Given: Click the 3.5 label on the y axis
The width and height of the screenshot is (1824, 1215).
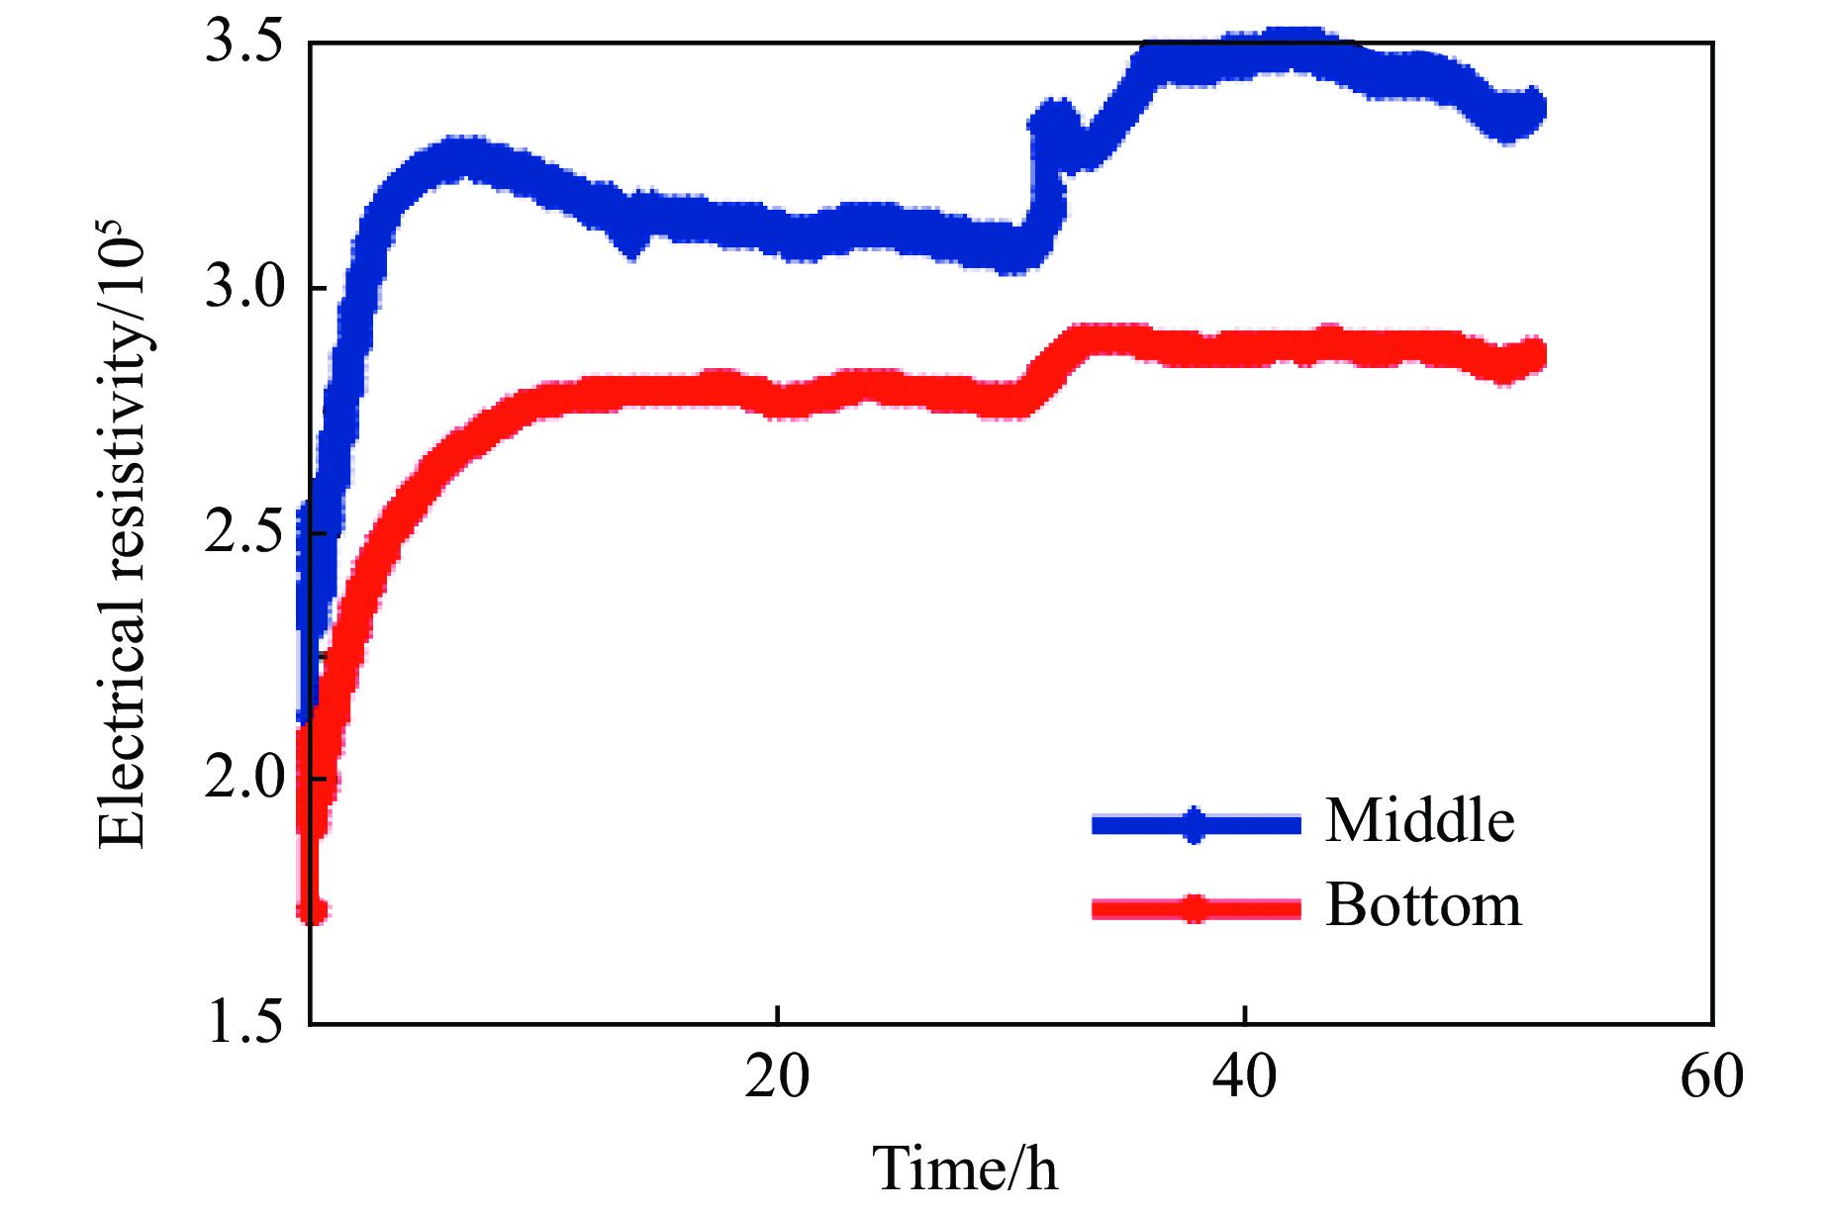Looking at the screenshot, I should click(243, 45).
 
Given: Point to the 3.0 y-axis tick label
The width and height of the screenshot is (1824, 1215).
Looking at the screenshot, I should click(243, 289).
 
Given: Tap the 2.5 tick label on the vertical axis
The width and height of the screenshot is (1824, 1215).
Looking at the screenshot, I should click(243, 534).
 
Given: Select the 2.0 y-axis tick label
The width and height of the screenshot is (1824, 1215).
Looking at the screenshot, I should click(243, 779).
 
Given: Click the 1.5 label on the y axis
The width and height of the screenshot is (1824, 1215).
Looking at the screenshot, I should click(243, 1023).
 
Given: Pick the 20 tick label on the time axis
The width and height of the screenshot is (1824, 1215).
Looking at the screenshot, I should click(777, 1077).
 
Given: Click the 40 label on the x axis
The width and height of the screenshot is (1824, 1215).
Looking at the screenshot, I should click(1244, 1077).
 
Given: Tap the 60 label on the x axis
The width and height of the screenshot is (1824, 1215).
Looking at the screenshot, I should click(1711, 1077).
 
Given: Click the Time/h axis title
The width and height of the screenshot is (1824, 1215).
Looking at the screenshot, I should click(964, 1168).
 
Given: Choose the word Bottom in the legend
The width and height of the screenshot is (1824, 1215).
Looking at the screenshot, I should click(1423, 905).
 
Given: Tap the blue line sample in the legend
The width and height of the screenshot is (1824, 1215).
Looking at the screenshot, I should click(1196, 824).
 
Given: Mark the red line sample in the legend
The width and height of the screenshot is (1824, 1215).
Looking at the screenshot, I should click(1196, 908).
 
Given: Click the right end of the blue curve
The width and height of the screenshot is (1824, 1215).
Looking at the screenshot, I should click(1535, 107).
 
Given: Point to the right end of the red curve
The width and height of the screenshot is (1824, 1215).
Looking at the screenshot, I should click(1535, 354).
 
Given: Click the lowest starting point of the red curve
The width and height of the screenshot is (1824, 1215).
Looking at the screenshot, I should click(314, 910).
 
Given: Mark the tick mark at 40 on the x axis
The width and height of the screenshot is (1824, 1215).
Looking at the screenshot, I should click(1245, 1015).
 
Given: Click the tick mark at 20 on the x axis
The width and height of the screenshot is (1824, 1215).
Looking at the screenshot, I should click(778, 1015).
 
